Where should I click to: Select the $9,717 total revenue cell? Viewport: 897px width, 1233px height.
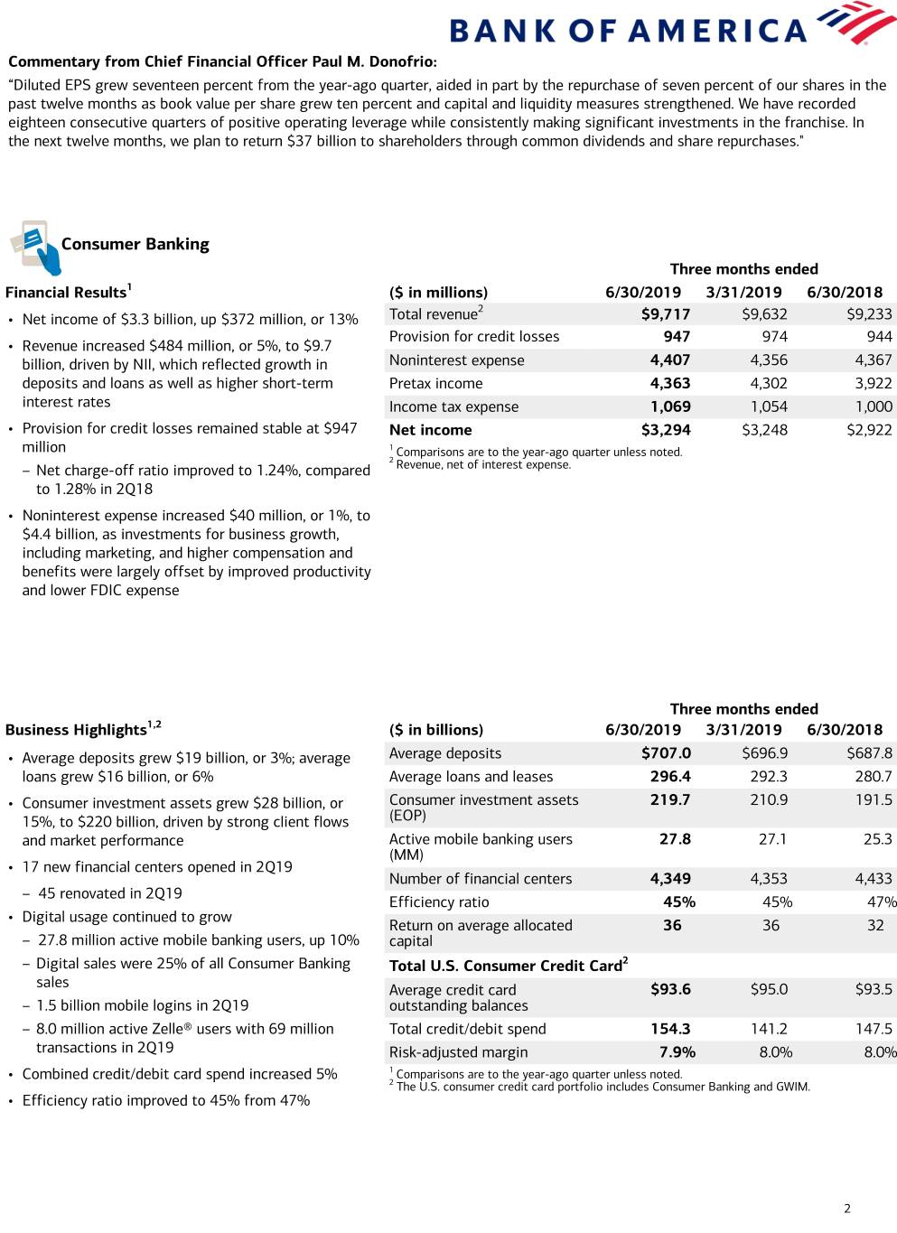666,314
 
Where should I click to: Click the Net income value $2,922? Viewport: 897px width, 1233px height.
869,430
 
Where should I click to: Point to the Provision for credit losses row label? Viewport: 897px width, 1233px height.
474,337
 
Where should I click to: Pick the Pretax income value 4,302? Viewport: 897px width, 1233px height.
769,384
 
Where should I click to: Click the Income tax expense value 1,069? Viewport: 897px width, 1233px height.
670,407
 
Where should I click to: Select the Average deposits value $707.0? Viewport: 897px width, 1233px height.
666,753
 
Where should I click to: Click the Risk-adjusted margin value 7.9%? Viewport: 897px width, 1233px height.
677,1052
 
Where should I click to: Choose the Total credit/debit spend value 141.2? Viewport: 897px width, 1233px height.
769,1029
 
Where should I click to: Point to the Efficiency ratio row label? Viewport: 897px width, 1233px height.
439,902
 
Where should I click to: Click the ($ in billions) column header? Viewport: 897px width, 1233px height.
436,730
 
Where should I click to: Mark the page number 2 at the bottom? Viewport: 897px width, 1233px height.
847,1209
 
